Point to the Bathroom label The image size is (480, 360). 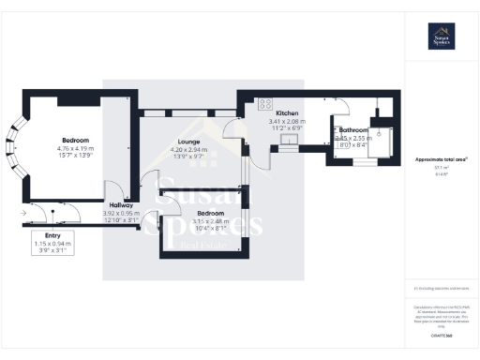pyautogui.click(x=353, y=129)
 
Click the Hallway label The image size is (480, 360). pyautogui.click(x=120, y=205)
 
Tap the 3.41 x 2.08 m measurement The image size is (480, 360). pyautogui.click(x=286, y=121)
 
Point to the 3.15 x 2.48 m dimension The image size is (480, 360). pyautogui.click(x=202, y=220)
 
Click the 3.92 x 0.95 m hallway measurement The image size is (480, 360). pyautogui.click(x=120, y=213)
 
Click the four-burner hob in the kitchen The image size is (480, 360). pyautogui.click(x=265, y=103)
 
